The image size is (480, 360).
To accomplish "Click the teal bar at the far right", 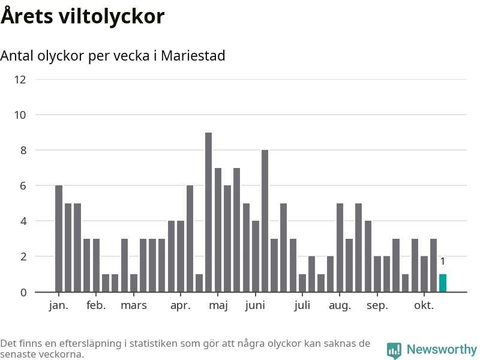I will point(443,283).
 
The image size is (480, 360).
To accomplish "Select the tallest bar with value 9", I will point(208,212).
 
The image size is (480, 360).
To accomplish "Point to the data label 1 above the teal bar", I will point(443,262).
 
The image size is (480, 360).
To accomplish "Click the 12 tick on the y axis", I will point(20,79).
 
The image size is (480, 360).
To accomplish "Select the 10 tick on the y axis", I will point(20,115).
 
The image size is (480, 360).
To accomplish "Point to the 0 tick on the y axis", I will point(23,292).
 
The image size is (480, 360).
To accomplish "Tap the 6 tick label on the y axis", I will point(23,186).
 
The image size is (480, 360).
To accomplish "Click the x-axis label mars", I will point(133,305).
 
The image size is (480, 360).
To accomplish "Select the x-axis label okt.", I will point(424,305).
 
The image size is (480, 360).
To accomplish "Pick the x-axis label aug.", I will point(340,305).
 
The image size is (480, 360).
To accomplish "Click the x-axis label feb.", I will point(96,305).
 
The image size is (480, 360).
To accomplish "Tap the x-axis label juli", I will point(302,305).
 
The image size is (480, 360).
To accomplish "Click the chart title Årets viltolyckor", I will point(82,16).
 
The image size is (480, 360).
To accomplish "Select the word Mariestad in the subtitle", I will point(193,56).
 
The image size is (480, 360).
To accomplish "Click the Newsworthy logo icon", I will point(394,350).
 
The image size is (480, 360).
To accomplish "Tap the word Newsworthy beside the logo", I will point(442,349).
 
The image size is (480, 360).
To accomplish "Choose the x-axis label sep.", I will point(377,305).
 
